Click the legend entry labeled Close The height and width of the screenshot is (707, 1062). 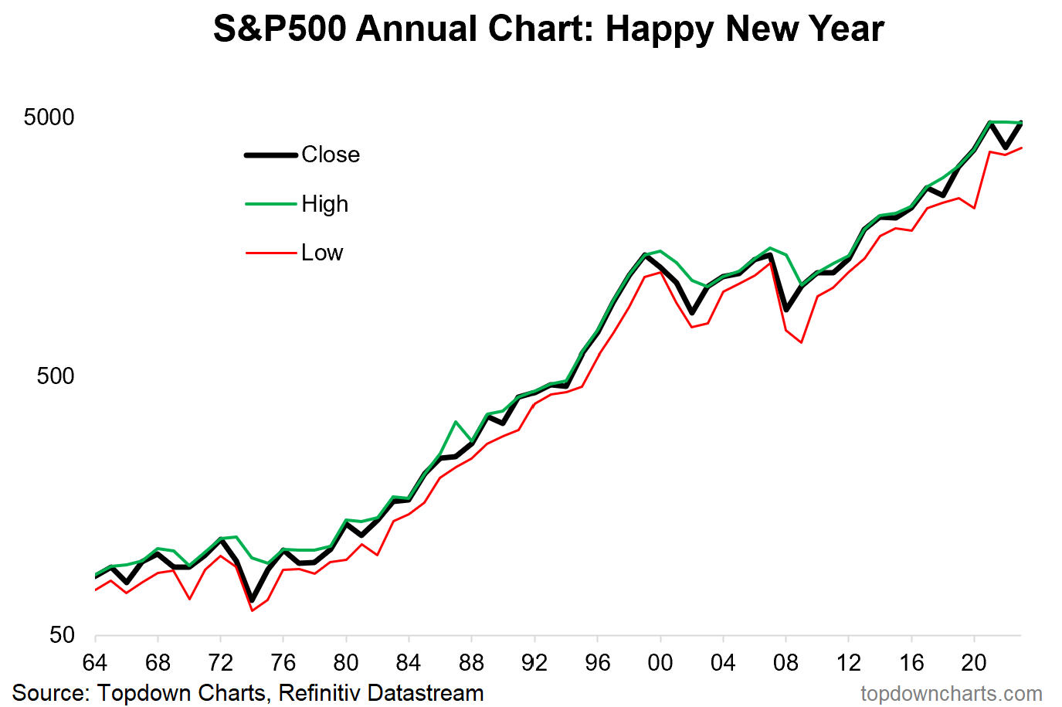331,155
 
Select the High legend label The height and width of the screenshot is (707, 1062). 324,204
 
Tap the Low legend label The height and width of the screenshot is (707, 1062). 322,253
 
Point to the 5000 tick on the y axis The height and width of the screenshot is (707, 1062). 49,117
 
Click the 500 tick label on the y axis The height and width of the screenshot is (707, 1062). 56,376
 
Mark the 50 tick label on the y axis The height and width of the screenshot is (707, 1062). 62,635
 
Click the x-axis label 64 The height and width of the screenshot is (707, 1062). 94,663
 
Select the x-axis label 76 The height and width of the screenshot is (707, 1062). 283,663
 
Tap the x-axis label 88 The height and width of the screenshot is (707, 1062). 471,663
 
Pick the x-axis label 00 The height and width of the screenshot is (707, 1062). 660,663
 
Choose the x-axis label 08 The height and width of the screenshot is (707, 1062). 785,663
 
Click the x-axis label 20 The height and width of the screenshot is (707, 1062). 974,663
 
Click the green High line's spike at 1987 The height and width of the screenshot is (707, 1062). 456,422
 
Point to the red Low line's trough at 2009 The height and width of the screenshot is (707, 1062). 802,342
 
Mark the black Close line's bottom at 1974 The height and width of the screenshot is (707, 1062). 252,600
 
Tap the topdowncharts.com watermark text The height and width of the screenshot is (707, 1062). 951,694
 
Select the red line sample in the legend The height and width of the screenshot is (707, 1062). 271,253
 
